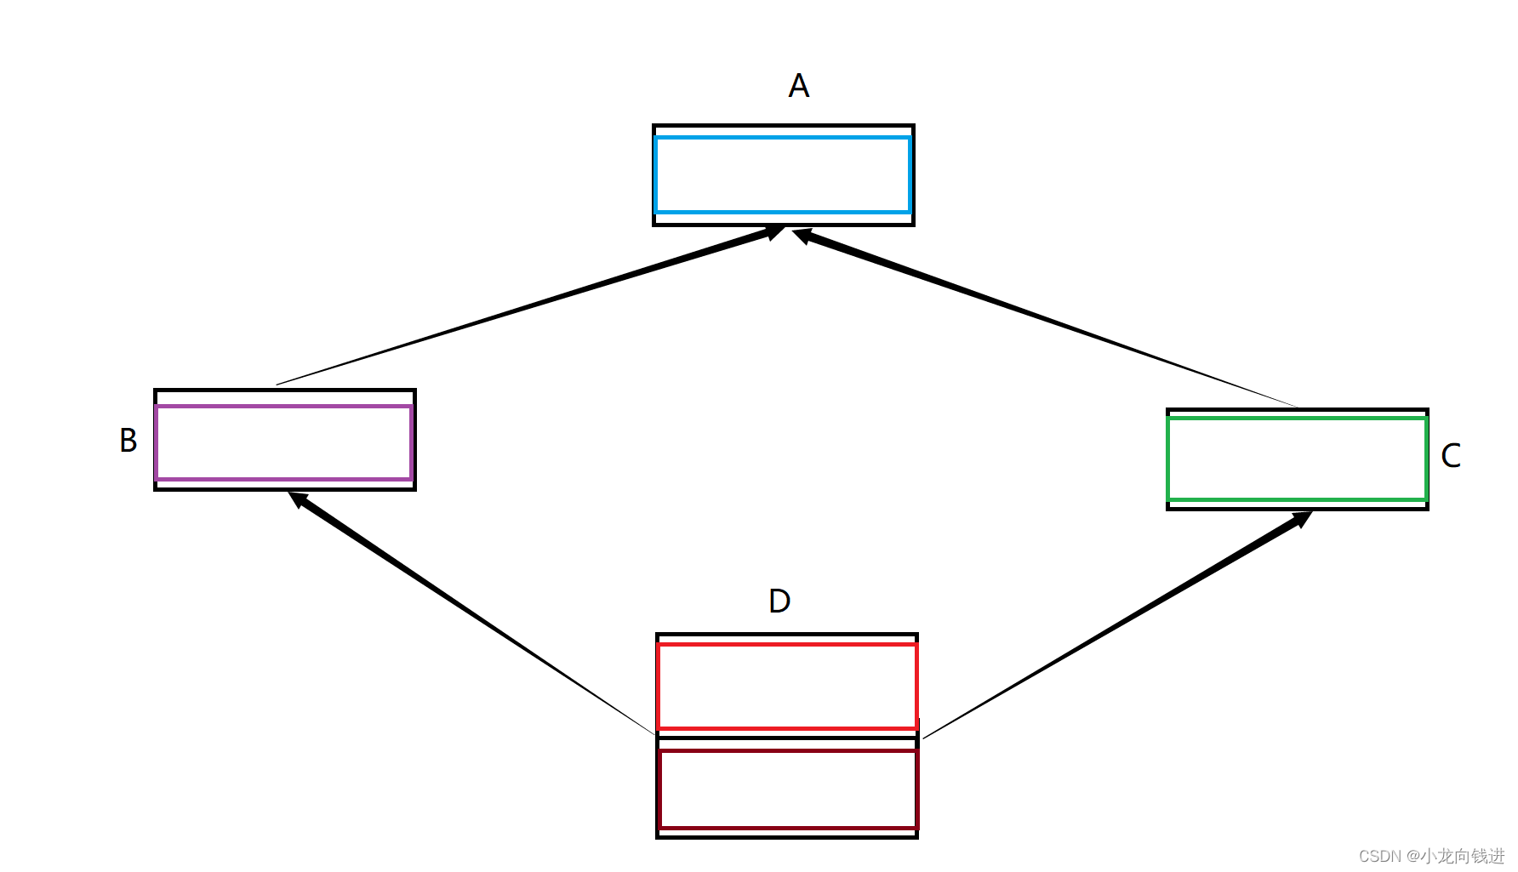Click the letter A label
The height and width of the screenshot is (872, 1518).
[x=798, y=86]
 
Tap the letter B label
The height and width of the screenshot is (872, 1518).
[x=128, y=441]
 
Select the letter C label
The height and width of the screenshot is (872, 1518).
[x=1451, y=456]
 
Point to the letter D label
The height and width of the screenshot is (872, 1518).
[x=779, y=601]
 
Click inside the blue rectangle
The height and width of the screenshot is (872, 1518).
[x=783, y=174]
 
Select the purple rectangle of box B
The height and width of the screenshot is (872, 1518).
[x=284, y=442]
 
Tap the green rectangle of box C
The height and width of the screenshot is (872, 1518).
[x=1297, y=459]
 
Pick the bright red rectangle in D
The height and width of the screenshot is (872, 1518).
[x=787, y=687]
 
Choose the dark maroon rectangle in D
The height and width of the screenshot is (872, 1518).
[x=787, y=789]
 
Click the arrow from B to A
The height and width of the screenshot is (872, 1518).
[x=528, y=306]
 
